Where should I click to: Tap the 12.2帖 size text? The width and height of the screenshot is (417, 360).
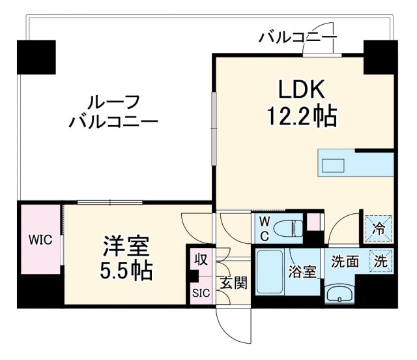tap(301, 117)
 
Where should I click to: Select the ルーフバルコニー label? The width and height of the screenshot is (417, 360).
tap(113, 112)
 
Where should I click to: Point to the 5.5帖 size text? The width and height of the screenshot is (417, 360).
tap(126, 271)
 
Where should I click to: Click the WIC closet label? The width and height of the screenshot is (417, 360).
tap(38, 239)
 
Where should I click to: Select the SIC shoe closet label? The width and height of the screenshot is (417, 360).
tap(200, 293)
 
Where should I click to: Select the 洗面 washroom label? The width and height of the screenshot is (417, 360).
tap(345, 262)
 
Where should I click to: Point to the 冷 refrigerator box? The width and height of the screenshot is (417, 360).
tap(379, 229)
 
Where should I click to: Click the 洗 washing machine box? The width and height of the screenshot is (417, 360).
tap(381, 262)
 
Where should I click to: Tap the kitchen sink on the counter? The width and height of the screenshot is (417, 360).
tap(334, 164)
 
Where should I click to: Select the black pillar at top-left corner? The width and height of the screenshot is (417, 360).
tap(37, 57)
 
